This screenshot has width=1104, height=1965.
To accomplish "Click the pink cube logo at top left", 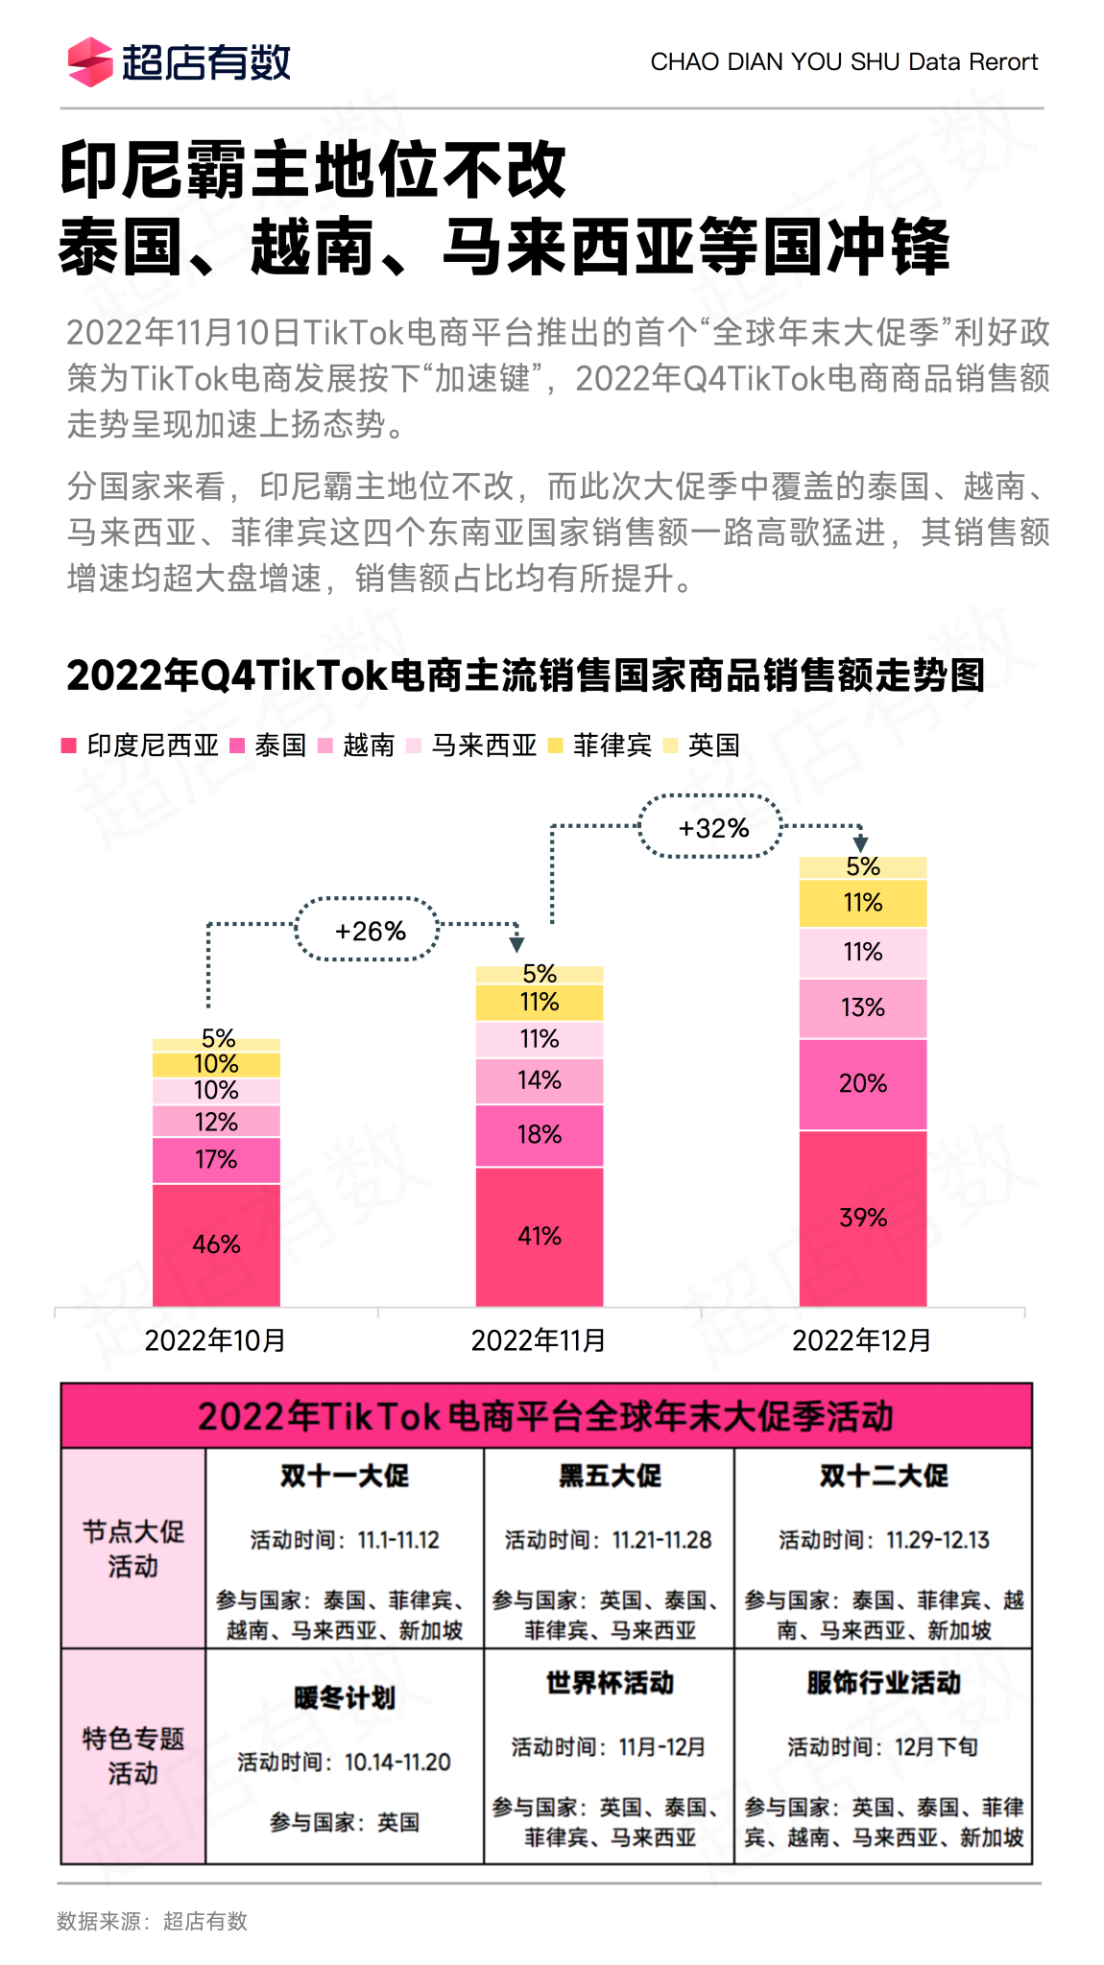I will pyautogui.click(x=90, y=62).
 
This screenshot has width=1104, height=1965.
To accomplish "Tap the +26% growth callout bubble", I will pyautogui.click(x=369, y=930).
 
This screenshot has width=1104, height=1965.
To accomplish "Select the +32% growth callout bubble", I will pyautogui.click(x=712, y=827).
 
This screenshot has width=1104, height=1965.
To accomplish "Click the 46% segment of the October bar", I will pyautogui.click(x=216, y=1244).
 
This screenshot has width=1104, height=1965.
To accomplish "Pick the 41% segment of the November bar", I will pyautogui.click(x=540, y=1236).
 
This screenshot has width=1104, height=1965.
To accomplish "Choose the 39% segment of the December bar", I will pyautogui.click(x=863, y=1218).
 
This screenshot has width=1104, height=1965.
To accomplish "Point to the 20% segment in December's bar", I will pyautogui.click(x=863, y=1083).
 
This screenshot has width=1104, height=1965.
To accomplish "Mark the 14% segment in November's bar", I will pyautogui.click(x=540, y=1080).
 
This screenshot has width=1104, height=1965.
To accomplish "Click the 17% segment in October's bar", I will pyautogui.click(x=216, y=1159).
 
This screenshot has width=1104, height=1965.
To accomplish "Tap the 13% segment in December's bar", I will pyautogui.click(x=863, y=1007).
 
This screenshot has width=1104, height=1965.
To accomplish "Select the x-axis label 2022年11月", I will pyautogui.click(x=538, y=1340).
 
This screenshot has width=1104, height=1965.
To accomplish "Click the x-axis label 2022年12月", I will pyautogui.click(x=861, y=1340).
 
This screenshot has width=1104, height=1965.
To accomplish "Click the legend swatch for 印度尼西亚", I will pyautogui.click(x=69, y=746).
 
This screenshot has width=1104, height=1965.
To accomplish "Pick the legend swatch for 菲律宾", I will pyautogui.click(x=555, y=746).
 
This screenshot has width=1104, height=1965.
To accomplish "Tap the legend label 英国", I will pyautogui.click(x=713, y=746).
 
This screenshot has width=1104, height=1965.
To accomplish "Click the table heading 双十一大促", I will pyautogui.click(x=345, y=1476).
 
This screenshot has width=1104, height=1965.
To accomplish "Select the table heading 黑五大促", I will pyautogui.click(x=610, y=1476).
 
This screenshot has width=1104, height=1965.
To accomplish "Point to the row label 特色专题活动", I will pyautogui.click(x=132, y=1756).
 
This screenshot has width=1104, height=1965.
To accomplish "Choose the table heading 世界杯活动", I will pyautogui.click(x=610, y=1683).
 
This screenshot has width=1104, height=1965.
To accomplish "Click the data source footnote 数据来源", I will pyautogui.click(x=152, y=1921).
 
